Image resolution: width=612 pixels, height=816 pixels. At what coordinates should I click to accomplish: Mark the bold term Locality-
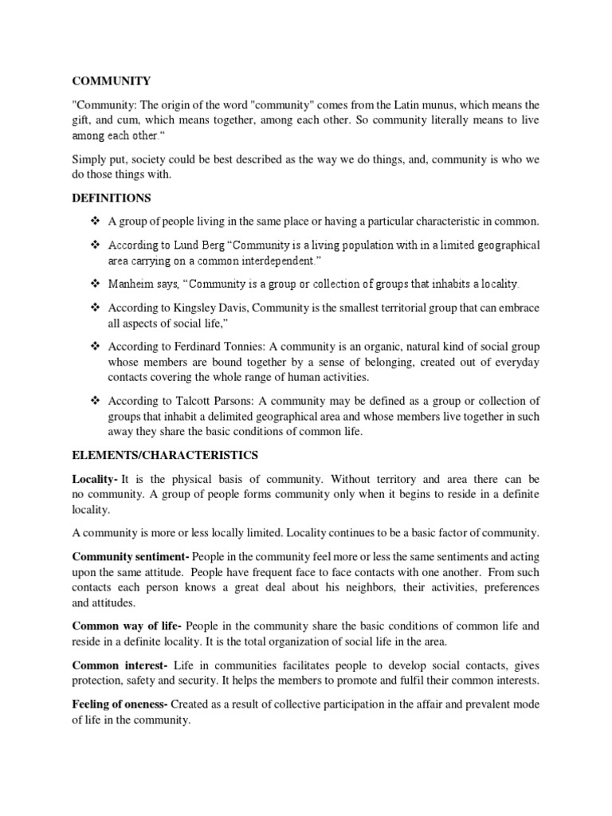tap(96, 479)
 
